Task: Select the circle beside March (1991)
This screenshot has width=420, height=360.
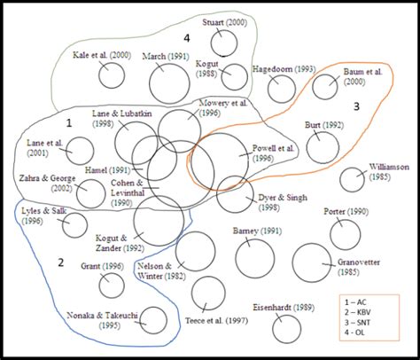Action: coord(169,83)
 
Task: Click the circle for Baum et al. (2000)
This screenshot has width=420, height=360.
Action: coord(325,87)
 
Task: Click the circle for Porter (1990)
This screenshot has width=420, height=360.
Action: coord(345,234)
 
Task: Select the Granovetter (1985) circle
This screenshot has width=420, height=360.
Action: coord(312,262)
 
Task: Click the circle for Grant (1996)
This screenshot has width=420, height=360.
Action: coord(112,286)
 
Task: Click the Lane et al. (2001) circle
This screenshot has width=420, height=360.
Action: coord(81,151)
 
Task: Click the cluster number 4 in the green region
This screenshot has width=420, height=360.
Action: coord(186,38)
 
